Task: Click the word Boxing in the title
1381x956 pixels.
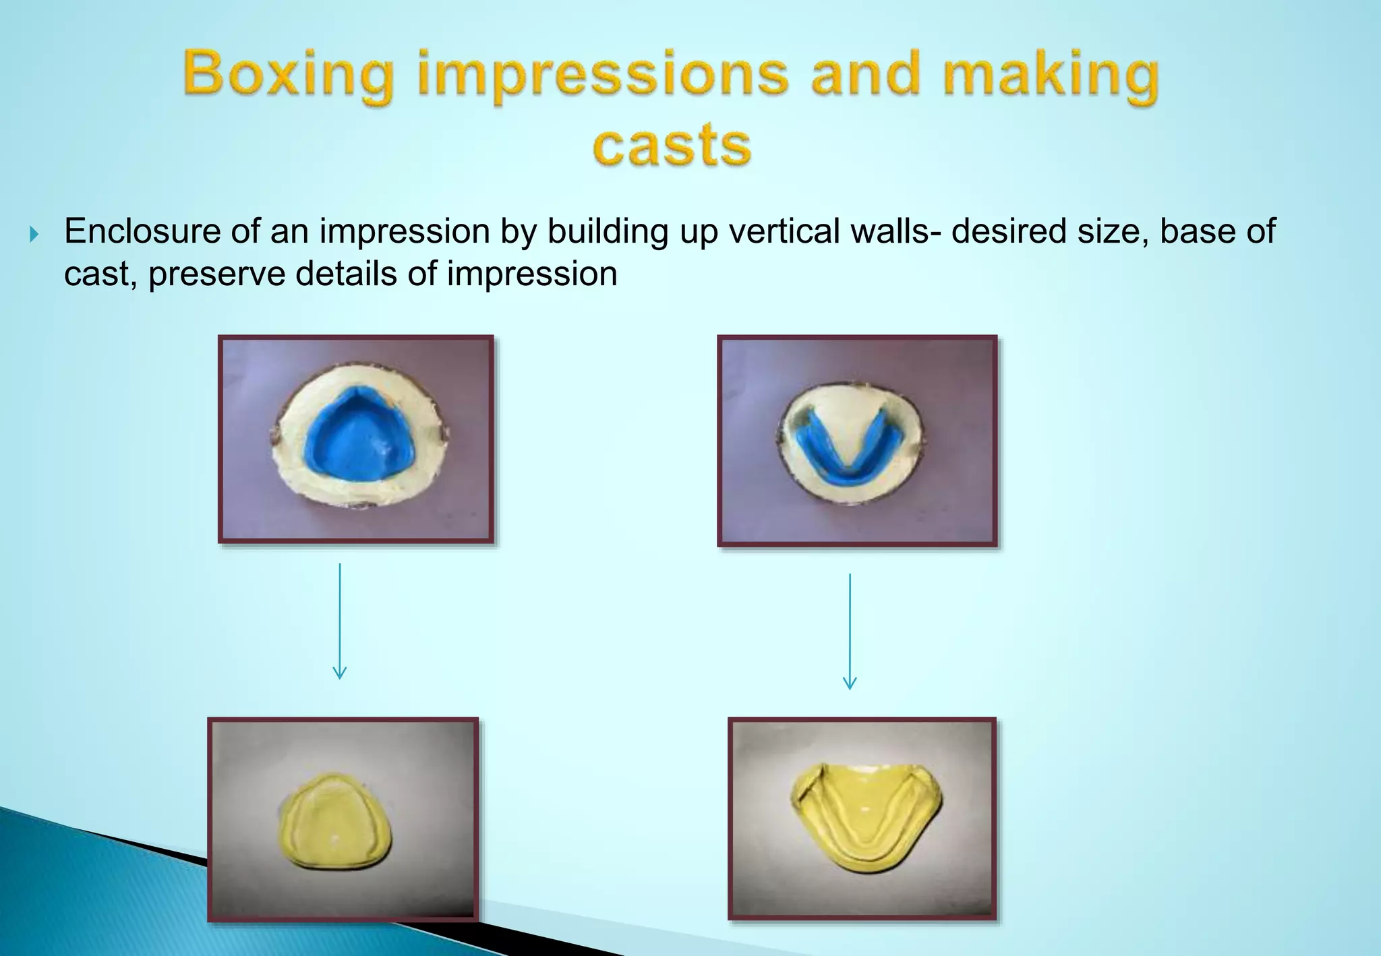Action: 288,75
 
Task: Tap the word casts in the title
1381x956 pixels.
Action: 672,145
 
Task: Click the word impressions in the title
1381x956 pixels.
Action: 602,75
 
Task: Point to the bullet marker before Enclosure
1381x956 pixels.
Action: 35,235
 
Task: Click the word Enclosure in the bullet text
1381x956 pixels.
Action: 142,231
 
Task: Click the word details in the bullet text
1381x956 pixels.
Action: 347,274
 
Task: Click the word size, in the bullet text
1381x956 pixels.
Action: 1113,231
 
